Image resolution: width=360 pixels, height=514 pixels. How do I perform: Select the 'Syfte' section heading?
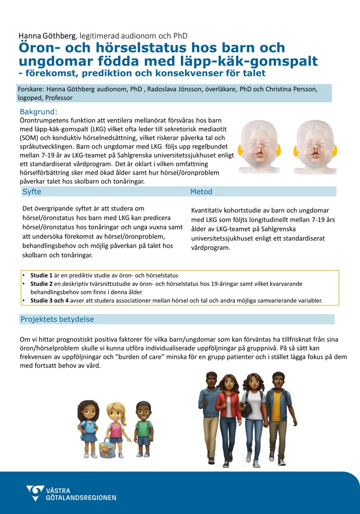[x=32, y=192]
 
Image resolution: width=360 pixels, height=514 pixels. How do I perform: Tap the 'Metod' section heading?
[x=201, y=192]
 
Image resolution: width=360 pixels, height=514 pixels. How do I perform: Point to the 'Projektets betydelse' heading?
[x=57, y=319]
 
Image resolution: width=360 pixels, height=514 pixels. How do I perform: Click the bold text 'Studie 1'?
[x=41, y=275]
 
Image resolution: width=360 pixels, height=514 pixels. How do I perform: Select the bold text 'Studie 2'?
[x=41, y=284]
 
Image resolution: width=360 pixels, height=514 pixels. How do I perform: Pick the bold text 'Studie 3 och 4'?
[x=49, y=301]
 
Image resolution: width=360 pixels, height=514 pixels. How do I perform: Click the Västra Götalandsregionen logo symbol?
[x=35, y=493]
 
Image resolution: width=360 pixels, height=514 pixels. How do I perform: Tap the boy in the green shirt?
[x=143, y=427]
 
